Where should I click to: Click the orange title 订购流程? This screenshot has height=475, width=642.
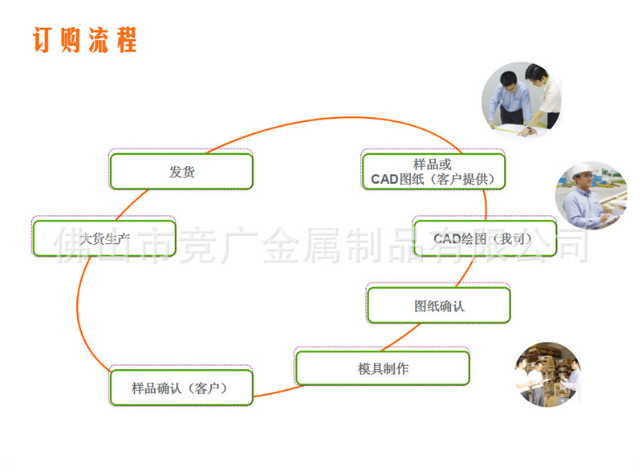pos(84,39)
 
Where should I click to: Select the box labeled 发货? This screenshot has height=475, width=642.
pos(181,171)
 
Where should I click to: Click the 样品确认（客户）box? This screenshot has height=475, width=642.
pos(181,388)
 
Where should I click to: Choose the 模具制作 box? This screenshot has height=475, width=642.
pos(382,368)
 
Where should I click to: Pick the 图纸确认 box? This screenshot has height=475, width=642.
pos(438,305)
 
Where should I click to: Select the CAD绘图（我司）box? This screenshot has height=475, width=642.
pos(484,238)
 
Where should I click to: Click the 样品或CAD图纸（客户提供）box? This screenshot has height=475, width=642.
pos(433,171)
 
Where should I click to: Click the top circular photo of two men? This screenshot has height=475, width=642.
pos(521,99)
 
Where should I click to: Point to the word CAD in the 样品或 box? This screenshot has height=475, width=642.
pos(384,179)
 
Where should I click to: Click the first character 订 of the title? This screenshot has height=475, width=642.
pos(45,39)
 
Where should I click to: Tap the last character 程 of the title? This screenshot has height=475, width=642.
pos(125,39)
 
